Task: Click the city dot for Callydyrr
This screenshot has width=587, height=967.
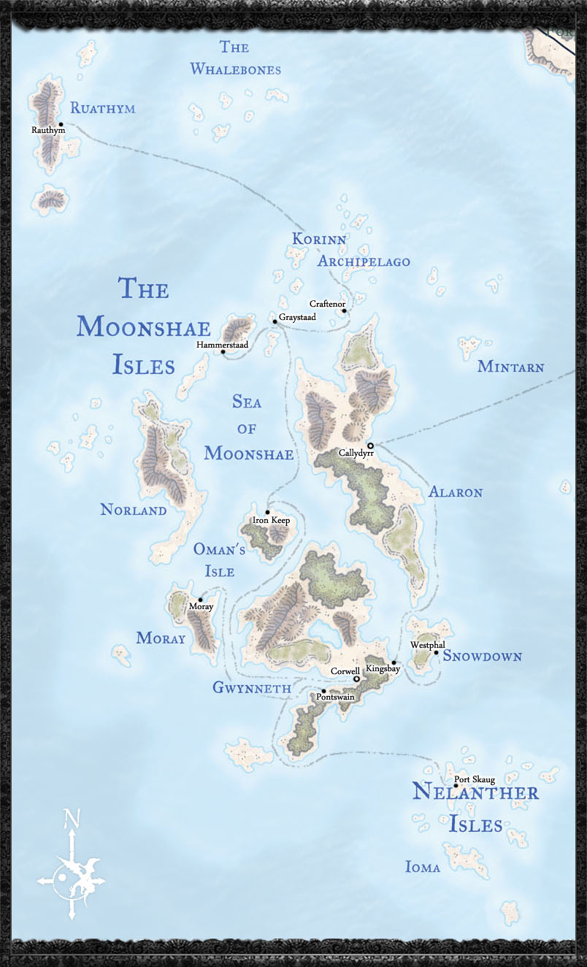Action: point(370,446)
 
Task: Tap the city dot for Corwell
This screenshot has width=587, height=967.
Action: point(356,679)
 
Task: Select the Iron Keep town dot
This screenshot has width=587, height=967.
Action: point(267,512)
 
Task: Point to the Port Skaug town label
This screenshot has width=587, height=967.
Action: point(475,780)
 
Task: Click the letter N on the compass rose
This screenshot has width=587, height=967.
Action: point(70,818)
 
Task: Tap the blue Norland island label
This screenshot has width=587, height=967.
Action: point(134,511)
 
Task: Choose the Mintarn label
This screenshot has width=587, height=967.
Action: point(510,367)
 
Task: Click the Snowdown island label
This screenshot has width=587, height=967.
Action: point(483,657)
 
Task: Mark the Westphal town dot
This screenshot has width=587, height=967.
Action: point(436,652)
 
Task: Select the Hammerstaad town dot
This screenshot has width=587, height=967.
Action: point(223,351)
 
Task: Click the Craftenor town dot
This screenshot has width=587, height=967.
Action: point(344,311)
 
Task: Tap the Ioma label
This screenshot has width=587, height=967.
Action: point(423,868)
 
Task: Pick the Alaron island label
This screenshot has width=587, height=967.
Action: point(455,492)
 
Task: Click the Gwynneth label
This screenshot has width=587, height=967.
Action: point(251,688)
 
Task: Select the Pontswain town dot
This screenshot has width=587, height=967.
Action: point(323,691)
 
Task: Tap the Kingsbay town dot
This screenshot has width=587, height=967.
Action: point(394,662)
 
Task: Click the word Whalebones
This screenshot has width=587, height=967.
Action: point(235,69)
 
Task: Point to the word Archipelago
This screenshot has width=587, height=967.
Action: point(364,261)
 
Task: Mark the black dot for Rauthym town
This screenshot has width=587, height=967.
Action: point(61,124)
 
